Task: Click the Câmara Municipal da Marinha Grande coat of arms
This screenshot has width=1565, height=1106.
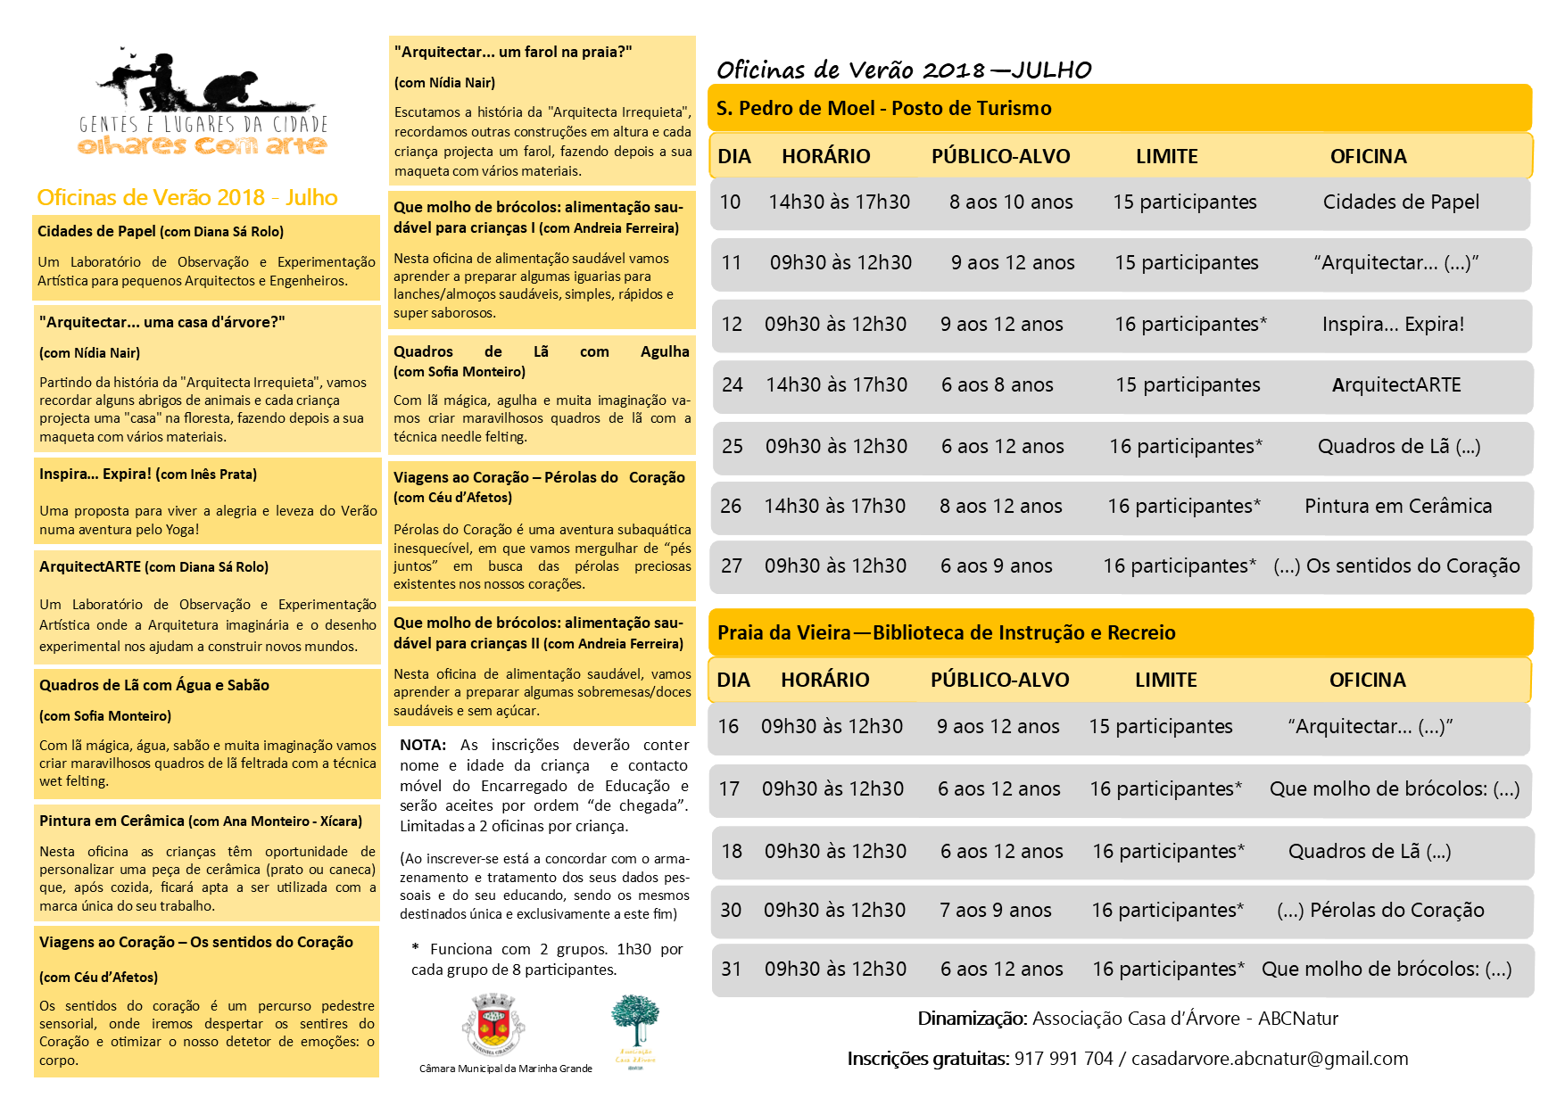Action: click(x=493, y=1026)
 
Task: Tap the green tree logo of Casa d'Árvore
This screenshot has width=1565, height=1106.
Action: click(x=634, y=1022)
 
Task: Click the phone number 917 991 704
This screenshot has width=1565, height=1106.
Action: click(x=1064, y=1059)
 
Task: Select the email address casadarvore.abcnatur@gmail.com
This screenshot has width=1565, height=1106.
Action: click(x=1270, y=1059)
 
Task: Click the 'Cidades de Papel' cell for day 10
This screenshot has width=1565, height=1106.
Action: click(x=1401, y=202)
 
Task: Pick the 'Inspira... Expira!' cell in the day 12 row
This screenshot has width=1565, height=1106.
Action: click(x=1393, y=325)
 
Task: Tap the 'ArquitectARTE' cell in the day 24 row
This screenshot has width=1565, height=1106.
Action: click(x=1396, y=385)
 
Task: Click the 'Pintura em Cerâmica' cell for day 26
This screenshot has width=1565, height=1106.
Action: click(x=1398, y=507)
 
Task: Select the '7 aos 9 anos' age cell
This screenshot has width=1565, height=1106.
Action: click(x=995, y=911)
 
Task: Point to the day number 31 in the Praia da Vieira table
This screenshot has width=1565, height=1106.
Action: click(x=731, y=970)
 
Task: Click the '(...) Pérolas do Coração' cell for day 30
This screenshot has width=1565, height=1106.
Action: click(x=1380, y=911)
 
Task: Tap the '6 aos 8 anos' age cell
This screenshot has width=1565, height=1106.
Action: click(x=997, y=385)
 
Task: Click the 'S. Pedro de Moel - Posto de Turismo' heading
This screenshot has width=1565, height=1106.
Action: click(x=883, y=109)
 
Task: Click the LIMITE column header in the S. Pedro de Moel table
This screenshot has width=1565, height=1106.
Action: click(x=1166, y=157)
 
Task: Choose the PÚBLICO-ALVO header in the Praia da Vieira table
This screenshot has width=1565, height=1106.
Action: click(x=999, y=681)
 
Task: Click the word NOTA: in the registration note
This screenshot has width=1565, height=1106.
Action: click(x=423, y=746)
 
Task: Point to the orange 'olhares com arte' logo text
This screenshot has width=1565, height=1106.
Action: click(x=203, y=145)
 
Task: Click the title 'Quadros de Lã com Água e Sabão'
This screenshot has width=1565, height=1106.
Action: click(x=154, y=686)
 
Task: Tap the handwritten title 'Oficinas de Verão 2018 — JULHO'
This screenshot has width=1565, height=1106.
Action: click(x=903, y=70)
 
